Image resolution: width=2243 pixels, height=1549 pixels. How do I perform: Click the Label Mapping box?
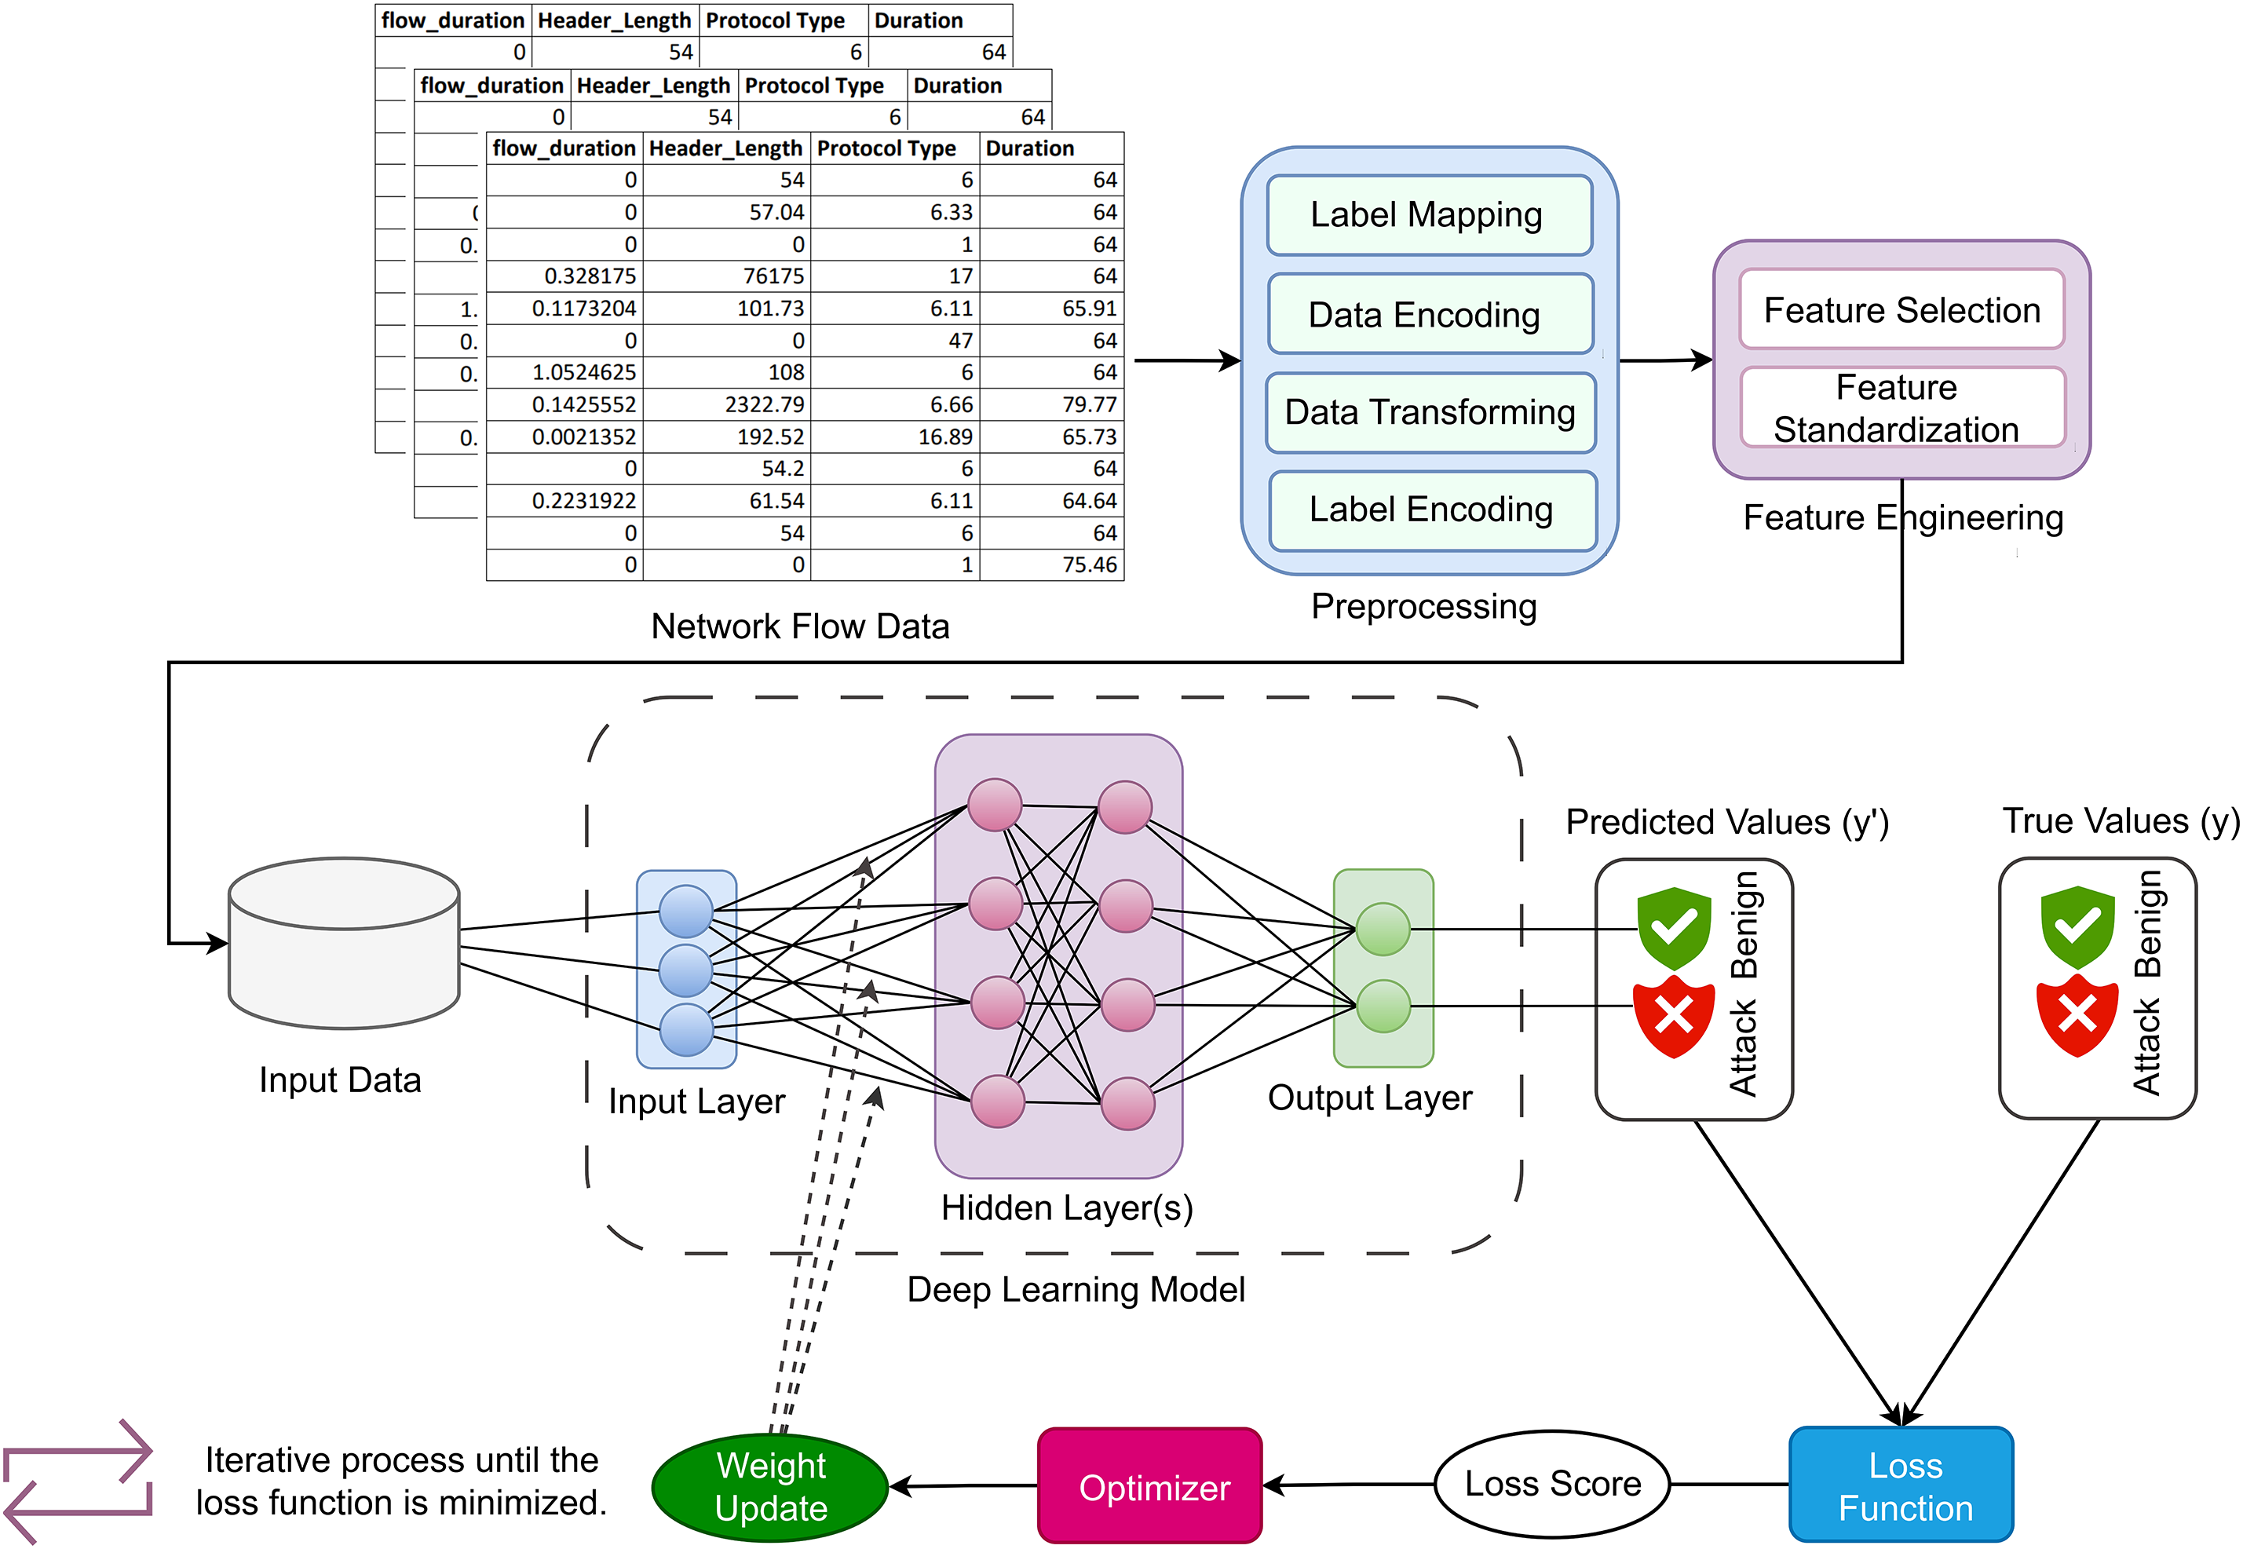tap(1429, 214)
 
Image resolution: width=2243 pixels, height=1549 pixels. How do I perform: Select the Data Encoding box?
tap(1429, 315)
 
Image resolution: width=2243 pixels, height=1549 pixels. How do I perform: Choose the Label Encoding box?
tap(1430, 510)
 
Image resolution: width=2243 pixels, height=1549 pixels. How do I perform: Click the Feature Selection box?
tap(1901, 309)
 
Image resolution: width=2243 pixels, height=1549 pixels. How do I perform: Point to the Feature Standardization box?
tap(1901, 407)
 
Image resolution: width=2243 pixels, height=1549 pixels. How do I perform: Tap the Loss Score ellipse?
tap(1551, 1483)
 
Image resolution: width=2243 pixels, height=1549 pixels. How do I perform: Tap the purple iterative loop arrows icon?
tap(78, 1481)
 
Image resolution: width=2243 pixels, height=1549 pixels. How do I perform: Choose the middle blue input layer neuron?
tap(685, 970)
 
